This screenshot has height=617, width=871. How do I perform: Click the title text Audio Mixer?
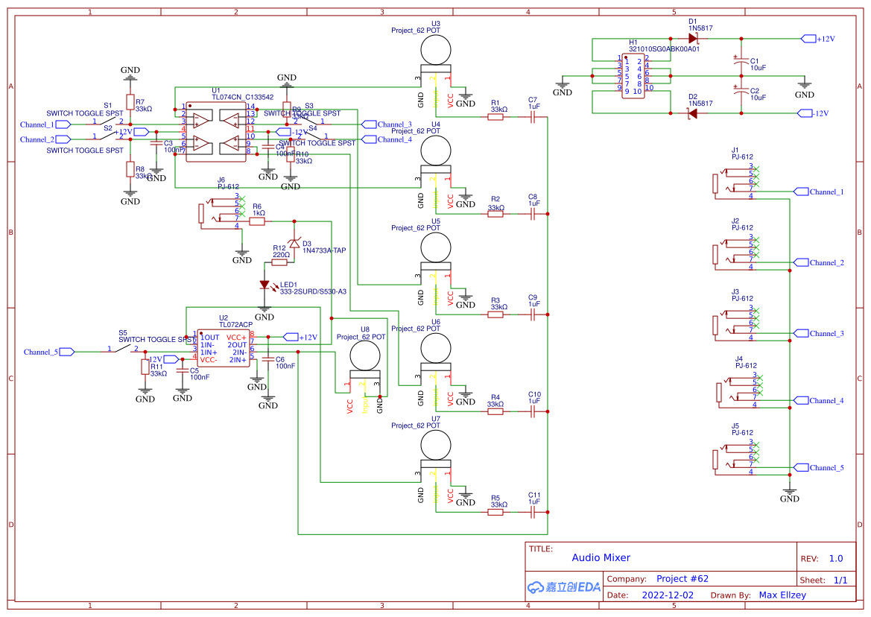(601, 557)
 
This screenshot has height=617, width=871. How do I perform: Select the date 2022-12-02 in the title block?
(668, 595)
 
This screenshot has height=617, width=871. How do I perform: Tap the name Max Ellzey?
(782, 595)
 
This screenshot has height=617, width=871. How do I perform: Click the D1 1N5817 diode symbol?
(693, 38)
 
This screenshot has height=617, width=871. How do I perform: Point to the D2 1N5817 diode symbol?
(693, 113)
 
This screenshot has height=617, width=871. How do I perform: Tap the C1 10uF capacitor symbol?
(740, 63)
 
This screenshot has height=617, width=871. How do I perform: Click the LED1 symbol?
(265, 285)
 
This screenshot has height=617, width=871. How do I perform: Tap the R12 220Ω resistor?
(280, 262)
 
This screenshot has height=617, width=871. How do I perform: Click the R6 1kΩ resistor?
(257, 221)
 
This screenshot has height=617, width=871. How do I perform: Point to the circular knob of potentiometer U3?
(435, 51)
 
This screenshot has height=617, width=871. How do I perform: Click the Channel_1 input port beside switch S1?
(63, 124)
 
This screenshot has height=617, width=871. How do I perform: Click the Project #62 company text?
(682, 578)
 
